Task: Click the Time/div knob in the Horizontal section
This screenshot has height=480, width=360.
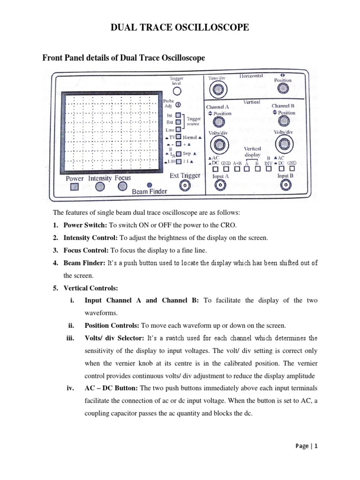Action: (216, 89)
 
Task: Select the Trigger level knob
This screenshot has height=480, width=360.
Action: (177, 91)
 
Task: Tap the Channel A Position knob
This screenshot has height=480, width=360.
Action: (217, 123)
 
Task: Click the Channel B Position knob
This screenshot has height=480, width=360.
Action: (283, 123)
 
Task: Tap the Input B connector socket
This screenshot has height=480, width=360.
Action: (285, 186)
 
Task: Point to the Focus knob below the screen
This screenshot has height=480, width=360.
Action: (122, 186)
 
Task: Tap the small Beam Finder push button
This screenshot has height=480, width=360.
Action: (150, 185)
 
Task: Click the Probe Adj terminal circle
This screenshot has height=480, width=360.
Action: (179, 105)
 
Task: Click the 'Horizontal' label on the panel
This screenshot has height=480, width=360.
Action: (252, 75)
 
